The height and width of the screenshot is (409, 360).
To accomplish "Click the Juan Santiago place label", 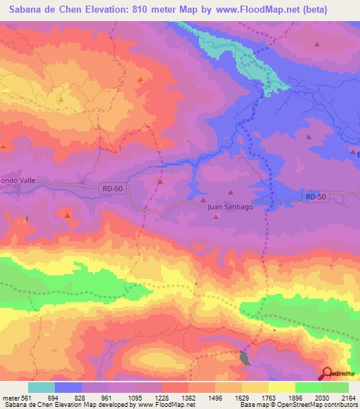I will tap(230, 207).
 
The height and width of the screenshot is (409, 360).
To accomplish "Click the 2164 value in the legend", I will tap(348, 397).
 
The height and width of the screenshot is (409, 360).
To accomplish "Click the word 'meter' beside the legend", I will tap(10, 397).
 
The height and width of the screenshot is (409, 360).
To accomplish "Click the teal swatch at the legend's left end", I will tap(41, 387).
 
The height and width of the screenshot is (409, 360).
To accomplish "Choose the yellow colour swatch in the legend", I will tap(281, 387).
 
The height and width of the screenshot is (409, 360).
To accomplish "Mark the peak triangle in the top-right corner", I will tap(317, 44).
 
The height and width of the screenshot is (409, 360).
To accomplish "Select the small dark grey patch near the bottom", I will tap(245, 358).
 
